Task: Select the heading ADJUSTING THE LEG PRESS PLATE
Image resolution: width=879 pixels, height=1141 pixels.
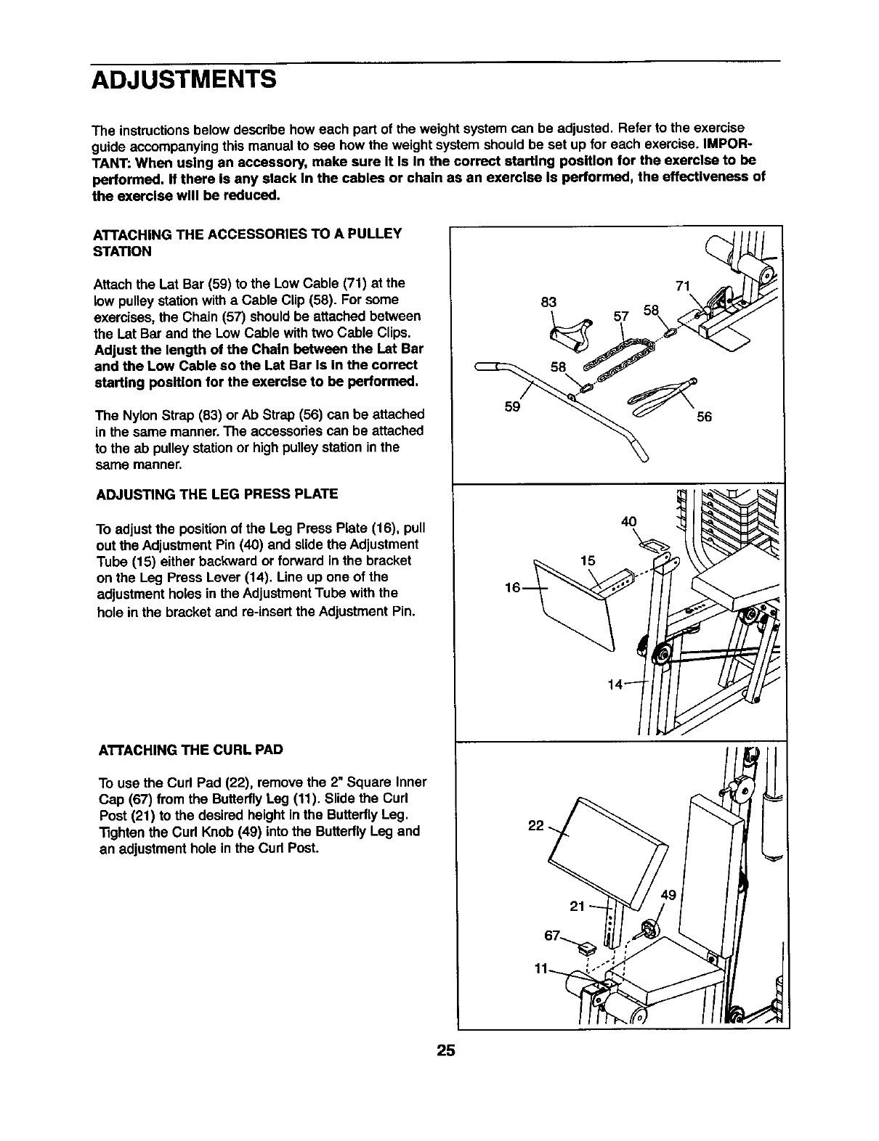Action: click(x=217, y=495)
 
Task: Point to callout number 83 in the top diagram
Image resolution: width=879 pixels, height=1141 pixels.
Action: click(x=549, y=302)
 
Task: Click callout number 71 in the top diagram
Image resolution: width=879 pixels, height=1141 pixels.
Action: click(x=682, y=285)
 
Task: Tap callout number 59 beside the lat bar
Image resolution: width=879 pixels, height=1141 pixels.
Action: click(x=511, y=408)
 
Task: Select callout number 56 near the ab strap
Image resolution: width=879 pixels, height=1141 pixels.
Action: click(x=704, y=417)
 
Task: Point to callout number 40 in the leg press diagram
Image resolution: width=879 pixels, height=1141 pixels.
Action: click(x=629, y=521)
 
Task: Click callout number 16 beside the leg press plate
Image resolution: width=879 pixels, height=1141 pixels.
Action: click(x=513, y=587)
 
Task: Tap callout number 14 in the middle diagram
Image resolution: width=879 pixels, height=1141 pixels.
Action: click(x=615, y=684)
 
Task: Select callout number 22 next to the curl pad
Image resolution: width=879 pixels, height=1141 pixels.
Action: click(x=536, y=826)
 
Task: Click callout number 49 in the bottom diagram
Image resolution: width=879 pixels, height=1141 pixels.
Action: click(x=668, y=895)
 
